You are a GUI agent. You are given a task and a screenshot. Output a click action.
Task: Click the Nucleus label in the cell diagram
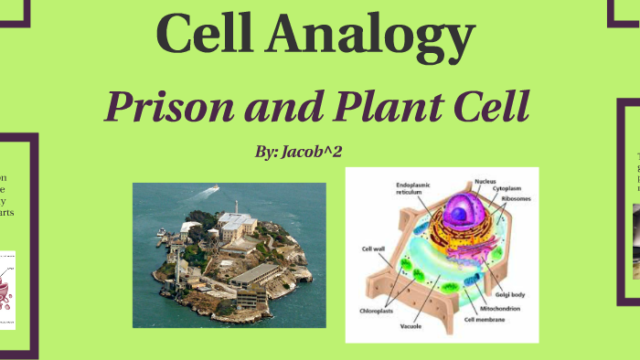[x=485, y=182]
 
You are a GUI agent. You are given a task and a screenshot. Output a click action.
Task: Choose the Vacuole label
[x=411, y=323]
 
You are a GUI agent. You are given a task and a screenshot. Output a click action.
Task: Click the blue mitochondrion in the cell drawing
[x=476, y=275]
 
